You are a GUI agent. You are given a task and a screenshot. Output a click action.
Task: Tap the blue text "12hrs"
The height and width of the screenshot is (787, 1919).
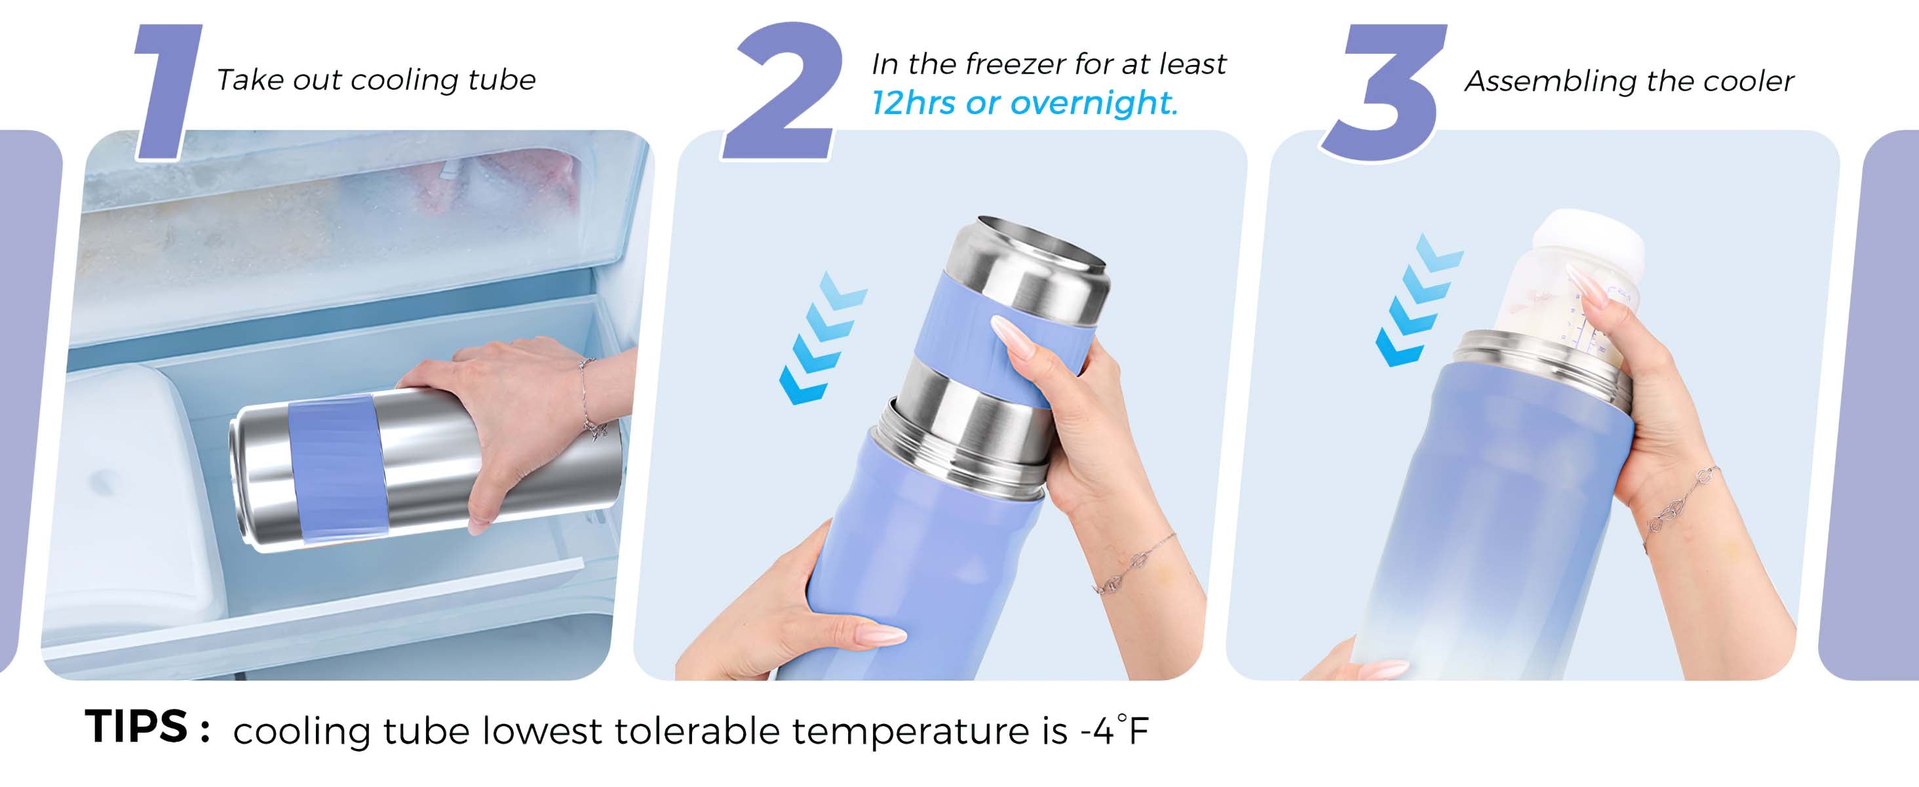click(914, 103)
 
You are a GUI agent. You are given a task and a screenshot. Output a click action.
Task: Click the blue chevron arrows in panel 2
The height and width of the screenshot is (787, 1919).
click(823, 338)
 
